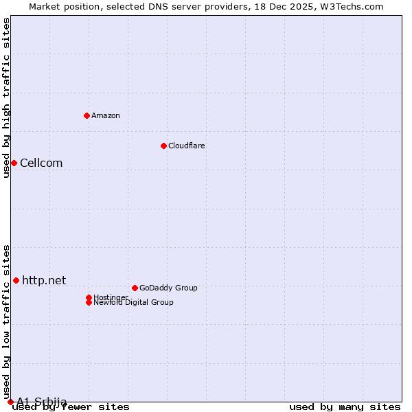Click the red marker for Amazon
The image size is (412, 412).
(87, 115)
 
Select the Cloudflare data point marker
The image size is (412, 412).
(163, 146)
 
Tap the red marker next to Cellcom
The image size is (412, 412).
(14, 163)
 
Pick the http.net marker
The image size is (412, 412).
(16, 280)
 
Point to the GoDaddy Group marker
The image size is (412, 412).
(135, 288)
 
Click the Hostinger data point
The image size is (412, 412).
(89, 297)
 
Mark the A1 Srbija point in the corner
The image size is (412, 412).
(10, 402)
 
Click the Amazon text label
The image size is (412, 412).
(106, 115)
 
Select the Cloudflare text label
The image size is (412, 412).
(186, 146)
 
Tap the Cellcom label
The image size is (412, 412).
(41, 163)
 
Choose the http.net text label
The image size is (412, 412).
(44, 280)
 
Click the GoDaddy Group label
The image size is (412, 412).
(168, 288)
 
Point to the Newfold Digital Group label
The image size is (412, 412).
(133, 302)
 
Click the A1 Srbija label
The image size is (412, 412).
(42, 402)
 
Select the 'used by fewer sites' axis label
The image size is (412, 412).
(71, 407)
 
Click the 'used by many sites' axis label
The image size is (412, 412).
(345, 407)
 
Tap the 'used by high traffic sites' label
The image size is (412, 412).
(7, 98)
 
